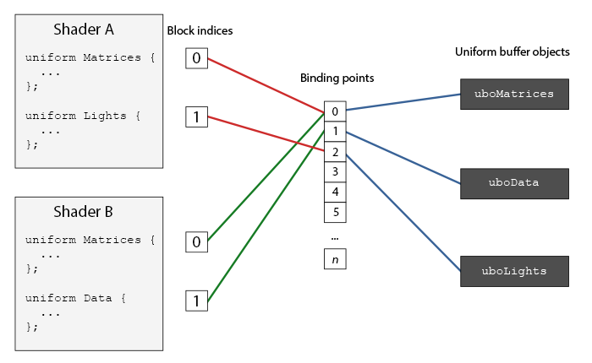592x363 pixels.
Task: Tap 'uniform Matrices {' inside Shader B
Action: pos(90,240)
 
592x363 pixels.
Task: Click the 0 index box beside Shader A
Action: pos(196,58)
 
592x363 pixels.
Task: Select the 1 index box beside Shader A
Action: pos(196,116)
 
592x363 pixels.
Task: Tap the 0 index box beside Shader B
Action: pos(196,242)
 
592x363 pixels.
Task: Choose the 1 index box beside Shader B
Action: pos(196,300)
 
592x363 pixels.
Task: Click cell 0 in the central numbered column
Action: pos(336,111)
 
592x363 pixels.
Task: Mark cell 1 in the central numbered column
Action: pos(336,132)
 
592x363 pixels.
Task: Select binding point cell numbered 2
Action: pos(336,152)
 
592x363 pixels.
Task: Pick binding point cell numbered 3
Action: pos(336,172)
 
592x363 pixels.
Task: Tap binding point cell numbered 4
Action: pos(336,192)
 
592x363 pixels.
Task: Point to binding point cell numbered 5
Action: pos(336,213)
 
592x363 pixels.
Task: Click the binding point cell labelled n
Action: pos(336,259)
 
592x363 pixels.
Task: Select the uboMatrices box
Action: pos(514,95)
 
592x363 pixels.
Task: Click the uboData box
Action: pos(514,182)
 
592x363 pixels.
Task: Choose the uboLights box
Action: pos(514,272)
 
